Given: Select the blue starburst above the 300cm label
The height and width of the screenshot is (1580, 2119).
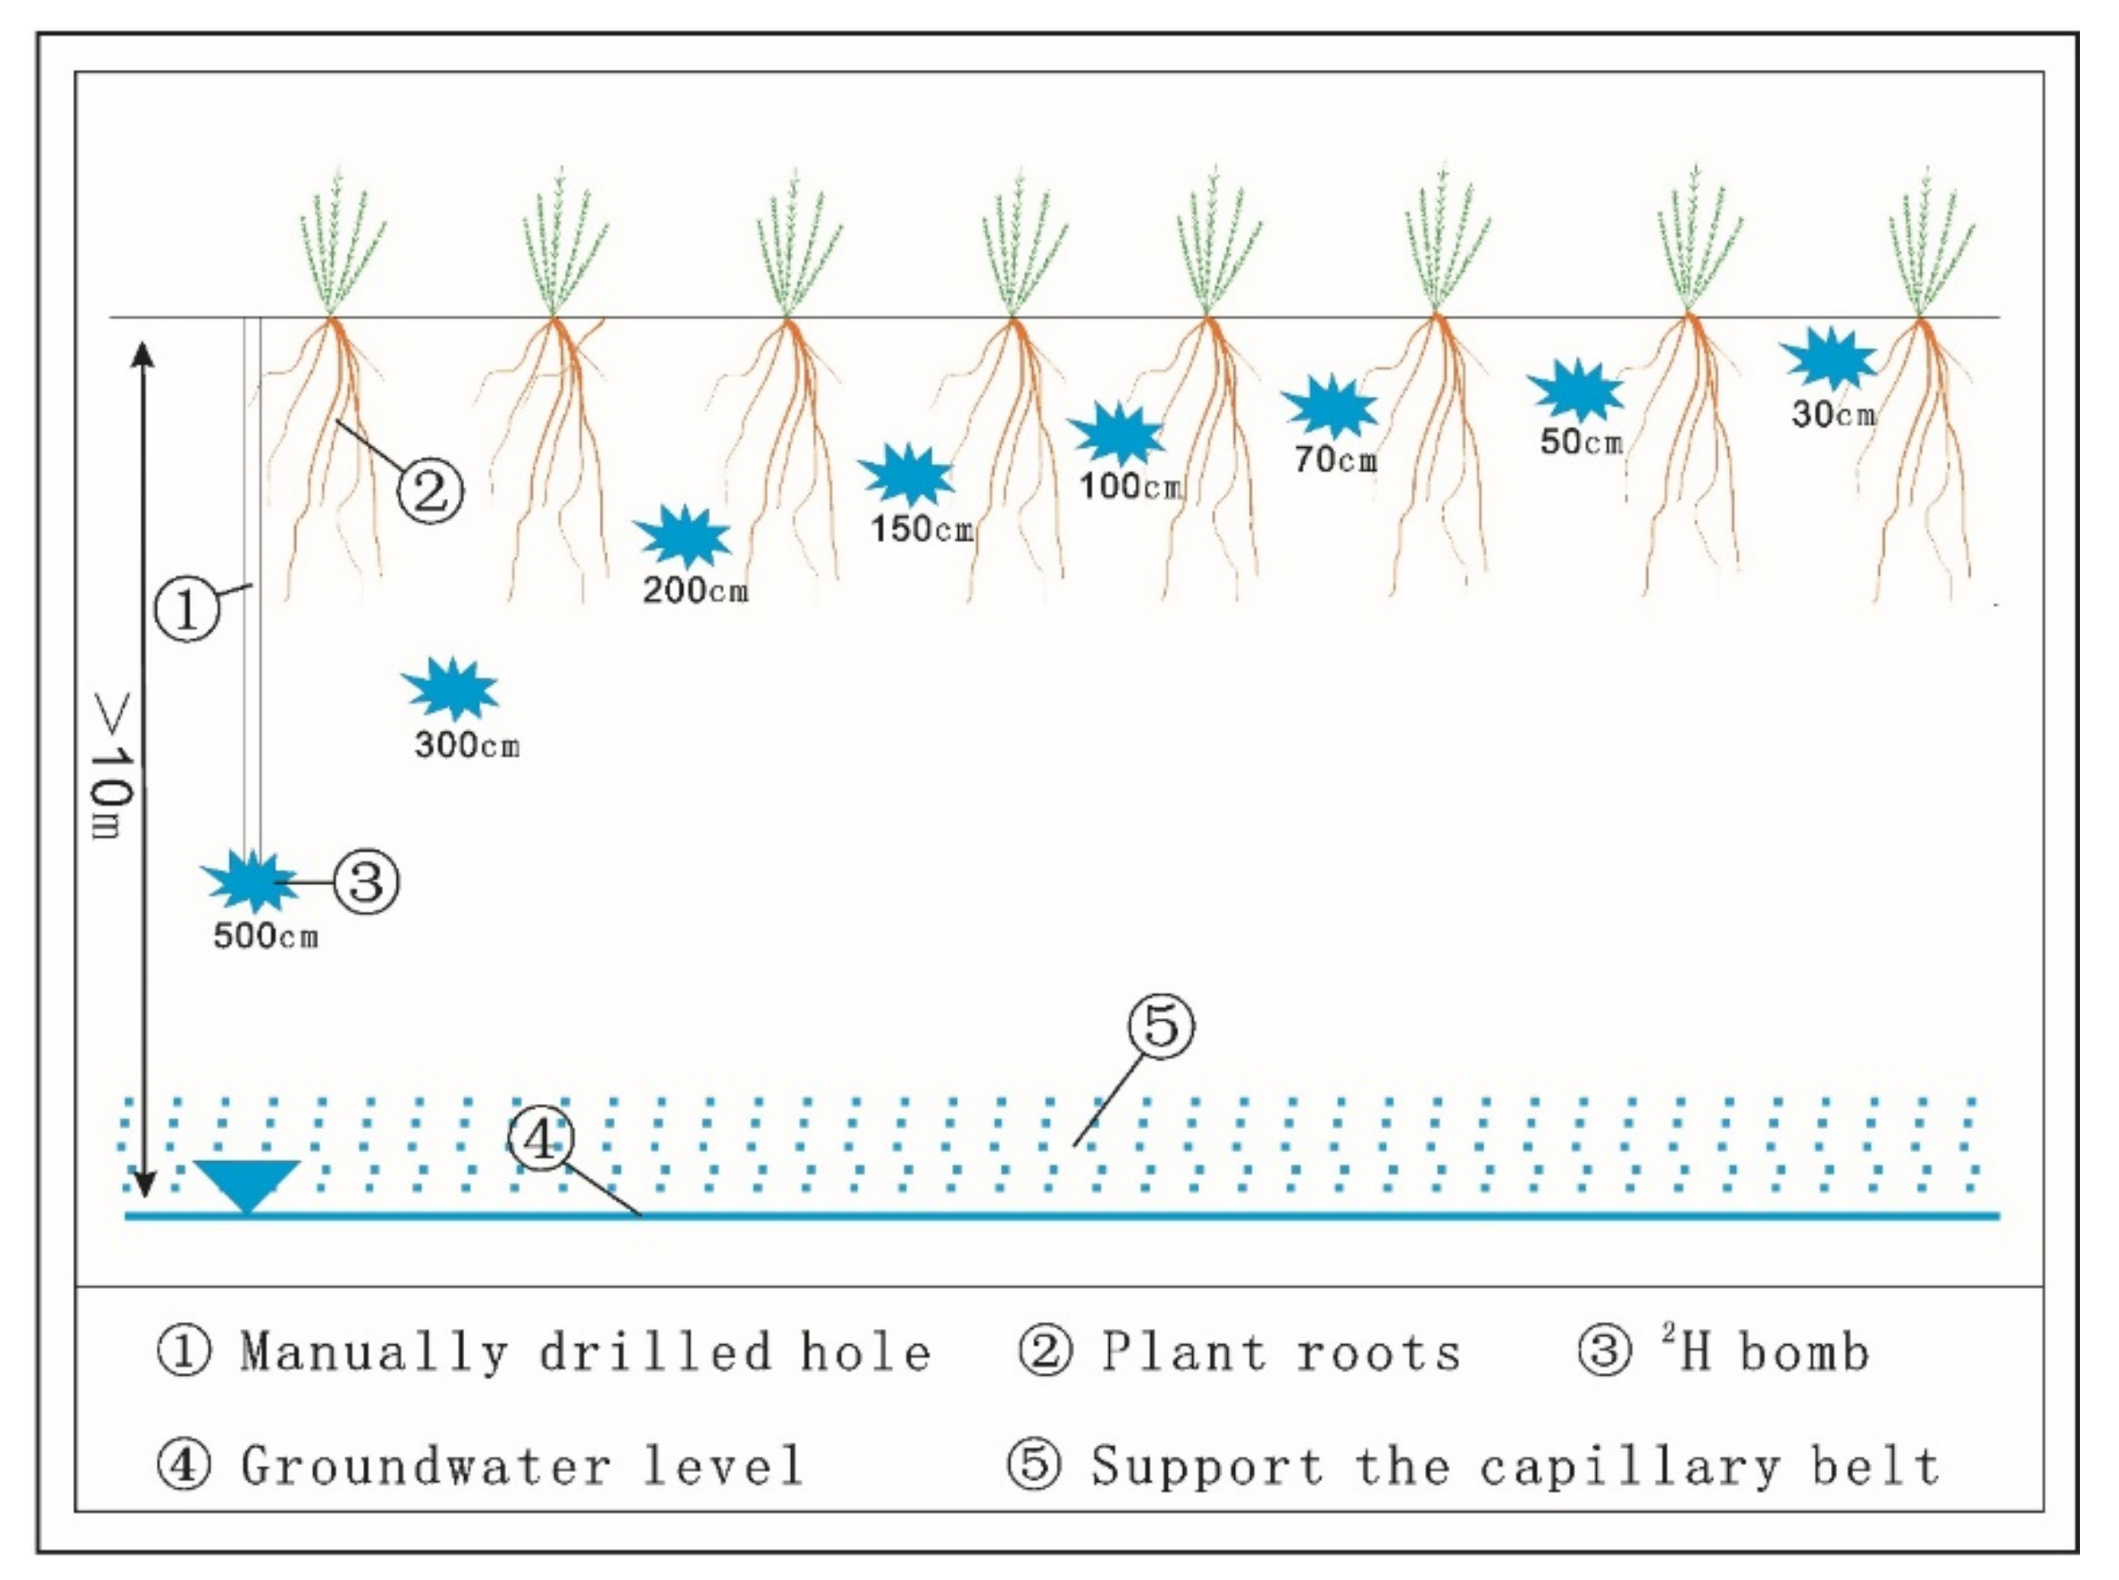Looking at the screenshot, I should point(450,688).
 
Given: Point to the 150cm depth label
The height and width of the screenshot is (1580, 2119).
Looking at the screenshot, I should point(922,529).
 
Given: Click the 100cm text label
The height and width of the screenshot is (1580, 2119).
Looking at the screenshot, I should point(1130,486).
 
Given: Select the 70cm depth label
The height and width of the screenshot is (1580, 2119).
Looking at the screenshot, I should point(1335,460).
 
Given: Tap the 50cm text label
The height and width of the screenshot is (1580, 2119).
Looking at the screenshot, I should point(1582,442).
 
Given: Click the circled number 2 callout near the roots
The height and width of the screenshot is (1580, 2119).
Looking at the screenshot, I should point(429,491).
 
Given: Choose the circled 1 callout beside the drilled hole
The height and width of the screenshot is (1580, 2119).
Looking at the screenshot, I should point(187,609).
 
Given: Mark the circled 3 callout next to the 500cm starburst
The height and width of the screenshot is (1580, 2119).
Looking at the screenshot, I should point(366,881).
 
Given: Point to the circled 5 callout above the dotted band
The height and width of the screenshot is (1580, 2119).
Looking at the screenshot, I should point(1162,1027).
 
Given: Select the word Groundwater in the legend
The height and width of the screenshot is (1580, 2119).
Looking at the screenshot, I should point(425,1466).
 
